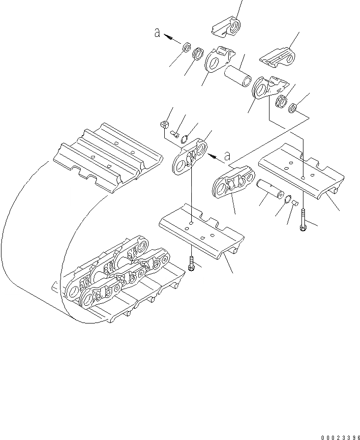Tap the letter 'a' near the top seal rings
[x=157, y=33]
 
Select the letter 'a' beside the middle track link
[x=227, y=156]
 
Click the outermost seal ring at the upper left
[x=186, y=48]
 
